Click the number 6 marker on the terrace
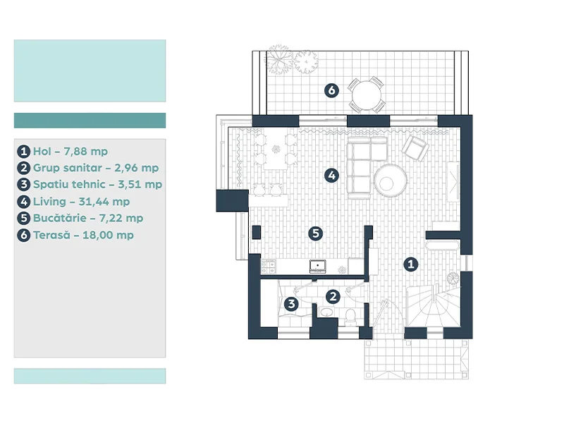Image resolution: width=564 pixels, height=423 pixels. click(331, 90)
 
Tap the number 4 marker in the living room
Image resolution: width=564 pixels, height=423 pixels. click(331, 176)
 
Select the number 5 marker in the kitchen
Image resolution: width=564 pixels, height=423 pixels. click(315, 233)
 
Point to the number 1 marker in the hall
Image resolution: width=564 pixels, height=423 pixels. click(411, 264)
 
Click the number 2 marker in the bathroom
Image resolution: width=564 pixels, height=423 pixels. click(333, 297)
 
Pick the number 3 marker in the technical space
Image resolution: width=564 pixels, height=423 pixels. click(291, 304)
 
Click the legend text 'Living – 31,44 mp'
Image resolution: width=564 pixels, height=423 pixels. click(81, 202)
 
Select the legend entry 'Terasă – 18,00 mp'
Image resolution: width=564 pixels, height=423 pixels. click(83, 235)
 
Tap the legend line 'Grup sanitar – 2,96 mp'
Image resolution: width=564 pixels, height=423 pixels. click(96, 168)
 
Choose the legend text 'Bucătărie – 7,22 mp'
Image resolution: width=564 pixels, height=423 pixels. click(88, 218)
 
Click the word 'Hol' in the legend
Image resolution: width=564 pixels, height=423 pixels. click(42, 151)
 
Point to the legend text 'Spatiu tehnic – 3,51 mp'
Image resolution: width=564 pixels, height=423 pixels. click(97, 185)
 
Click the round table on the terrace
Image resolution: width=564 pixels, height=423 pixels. click(366, 95)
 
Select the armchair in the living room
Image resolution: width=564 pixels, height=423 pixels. click(415, 147)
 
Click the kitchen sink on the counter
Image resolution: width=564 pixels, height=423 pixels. click(318, 266)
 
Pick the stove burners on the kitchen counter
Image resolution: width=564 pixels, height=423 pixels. click(269, 267)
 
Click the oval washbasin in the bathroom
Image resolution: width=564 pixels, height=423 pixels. click(326, 312)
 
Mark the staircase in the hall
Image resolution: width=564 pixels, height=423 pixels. click(433, 305)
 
